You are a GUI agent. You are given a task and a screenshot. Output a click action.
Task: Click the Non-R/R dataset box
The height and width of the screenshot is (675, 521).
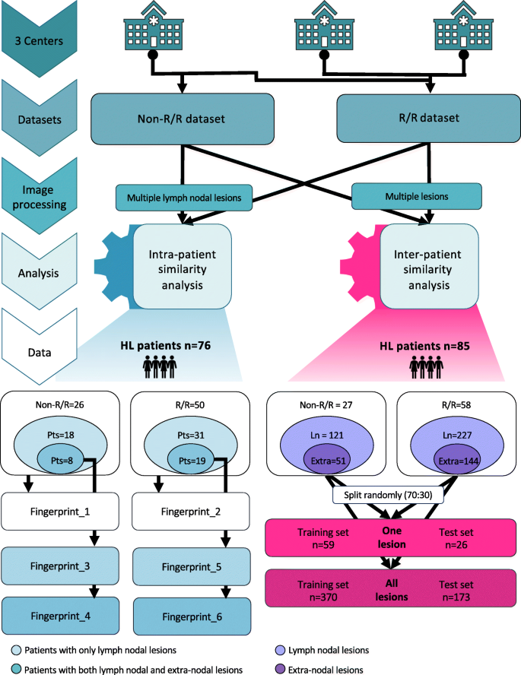tap(183, 119)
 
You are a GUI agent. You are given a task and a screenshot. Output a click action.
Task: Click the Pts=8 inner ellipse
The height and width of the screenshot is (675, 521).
tap(62, 460)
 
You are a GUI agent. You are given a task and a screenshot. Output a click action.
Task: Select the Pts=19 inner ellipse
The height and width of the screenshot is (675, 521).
tap(192, 460)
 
